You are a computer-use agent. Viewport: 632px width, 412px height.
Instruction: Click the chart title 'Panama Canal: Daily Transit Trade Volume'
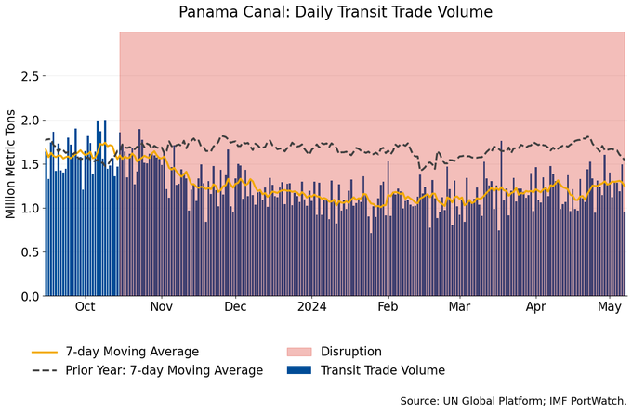coord(336,12)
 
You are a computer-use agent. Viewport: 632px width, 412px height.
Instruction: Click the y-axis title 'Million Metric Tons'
coord(11,163)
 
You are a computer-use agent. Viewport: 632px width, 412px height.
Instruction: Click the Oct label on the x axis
coord(85,307)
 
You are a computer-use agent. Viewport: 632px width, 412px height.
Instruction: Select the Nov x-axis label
coord(162,307)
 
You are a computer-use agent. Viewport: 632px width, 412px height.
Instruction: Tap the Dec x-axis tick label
coord(235,307)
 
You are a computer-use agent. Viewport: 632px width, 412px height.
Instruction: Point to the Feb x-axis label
coord(388,307)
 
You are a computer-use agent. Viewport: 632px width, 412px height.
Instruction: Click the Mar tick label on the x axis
coord(459,307)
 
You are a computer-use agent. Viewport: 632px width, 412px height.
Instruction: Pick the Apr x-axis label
coord(535,307)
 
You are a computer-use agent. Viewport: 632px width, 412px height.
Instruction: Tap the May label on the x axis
coord(609,307)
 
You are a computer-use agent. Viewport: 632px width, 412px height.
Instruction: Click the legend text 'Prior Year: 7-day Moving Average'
coord(165,370)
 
